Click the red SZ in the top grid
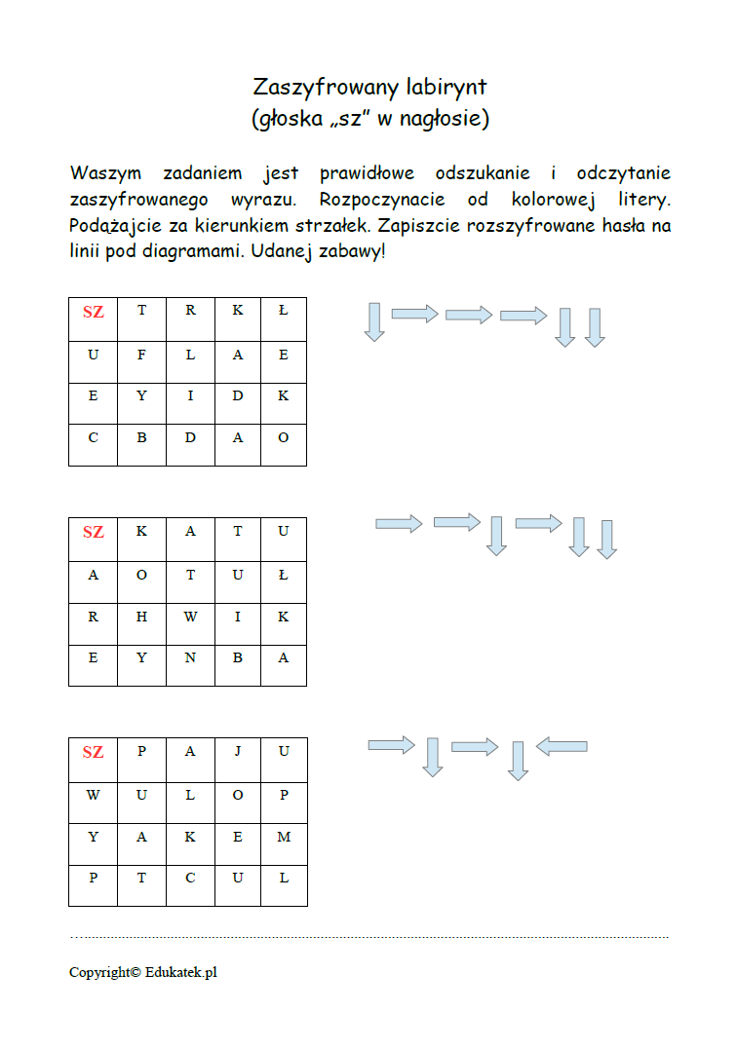tap(93, 312)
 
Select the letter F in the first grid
tap(141, 355)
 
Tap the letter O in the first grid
tap(284, 437)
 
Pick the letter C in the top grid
tap(93, 437)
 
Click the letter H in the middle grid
tap(141, 617)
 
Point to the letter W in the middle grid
tap(190, 617)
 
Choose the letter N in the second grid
tap(190, 657)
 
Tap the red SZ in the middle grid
tap(93, 532)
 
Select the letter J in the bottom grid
tap(238, 751)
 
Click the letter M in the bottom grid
tap(284, 837)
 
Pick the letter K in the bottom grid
tap(190, 837)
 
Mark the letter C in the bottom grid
tap(190, 878)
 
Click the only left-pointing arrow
tap(562, 747)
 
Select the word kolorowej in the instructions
tap(553, 200)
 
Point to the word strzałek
tap(332, 225)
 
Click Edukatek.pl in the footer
tap(180, 973)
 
